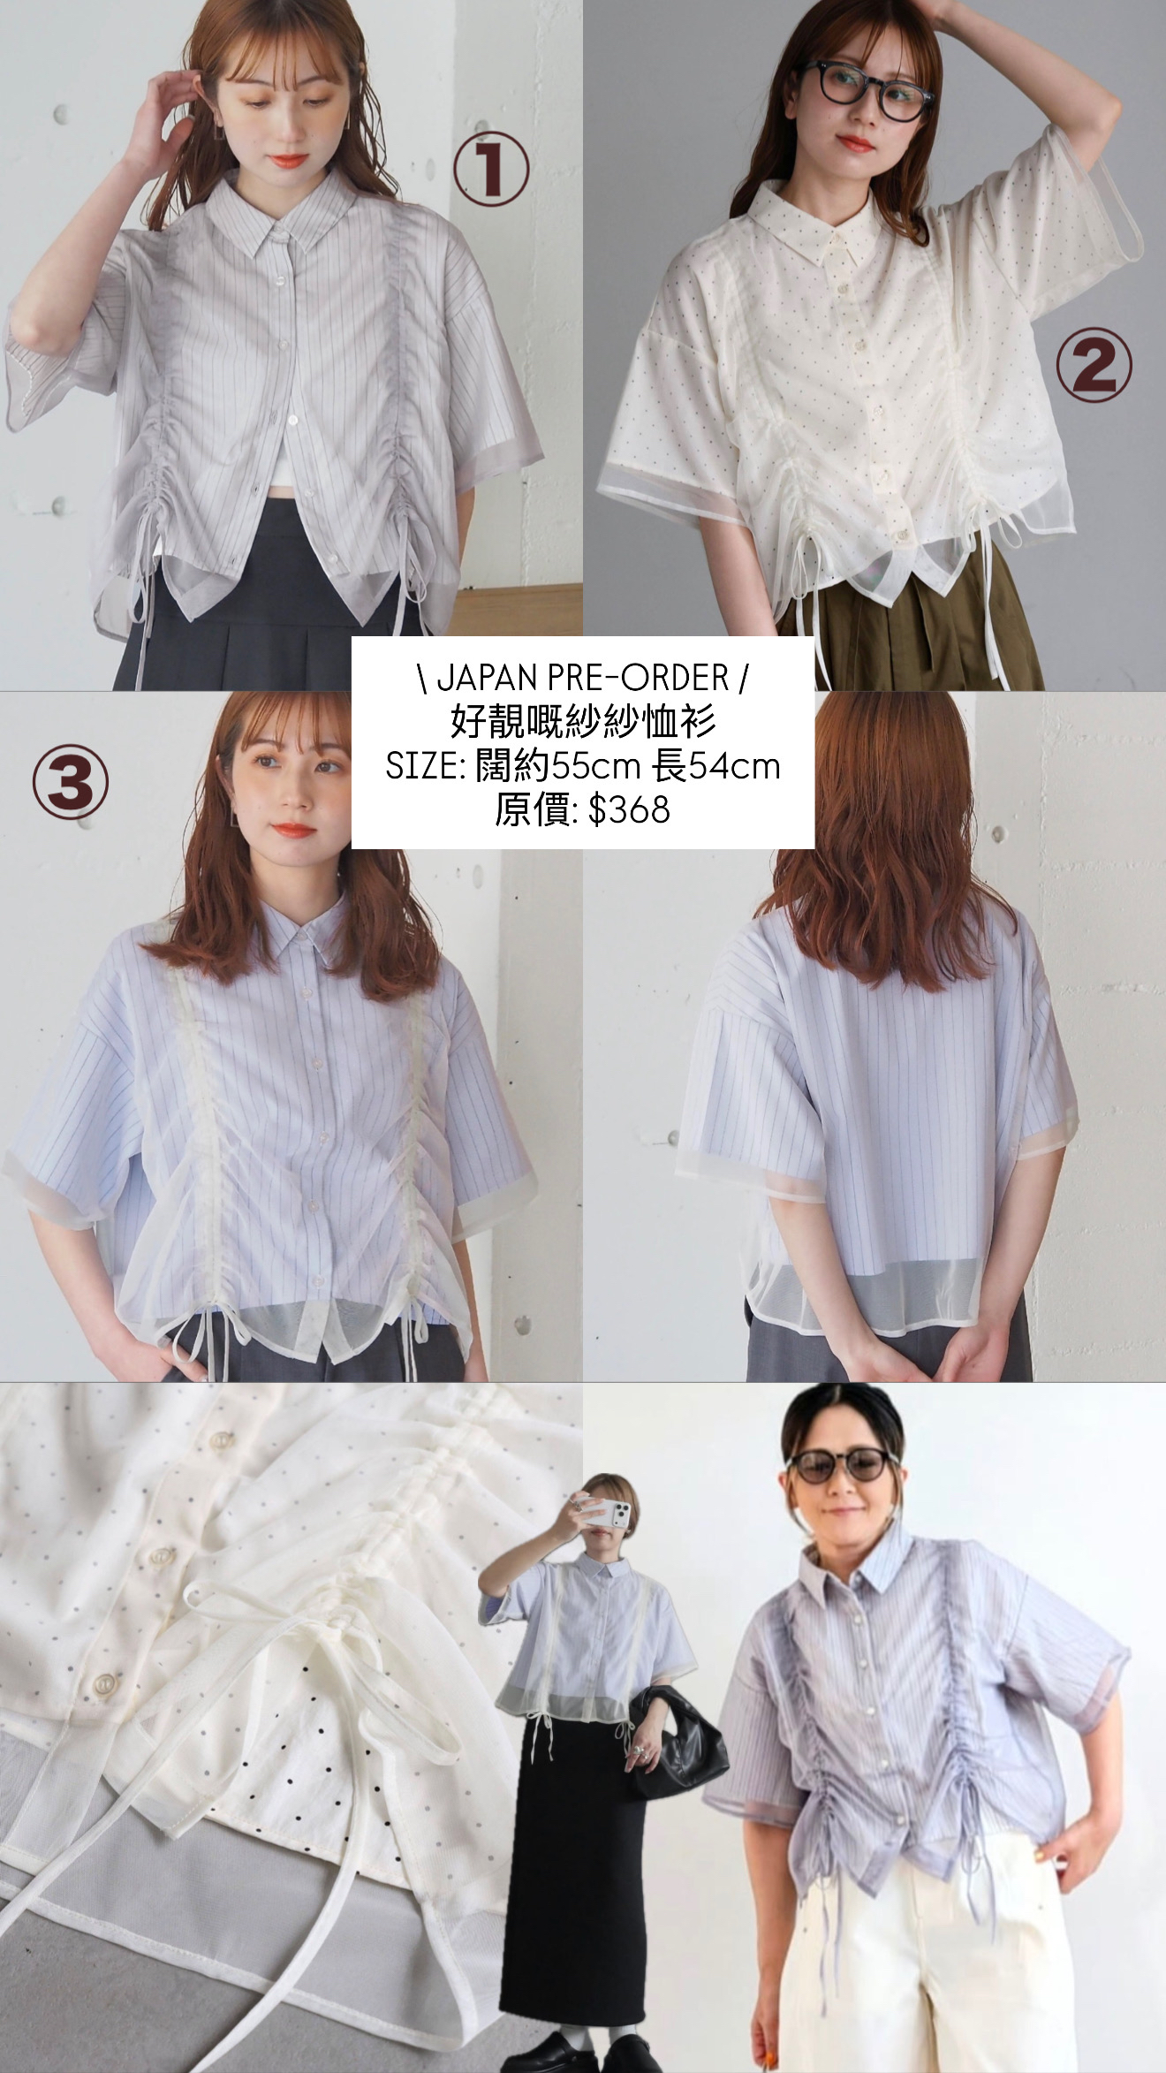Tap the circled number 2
coord(1094,368)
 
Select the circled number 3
coord(71,781)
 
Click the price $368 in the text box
coord(628,809)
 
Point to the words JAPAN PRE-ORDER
coord(582,678)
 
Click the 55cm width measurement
coord(594,766)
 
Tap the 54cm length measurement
coord(735,766)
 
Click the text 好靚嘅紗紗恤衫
coord(582,722)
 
